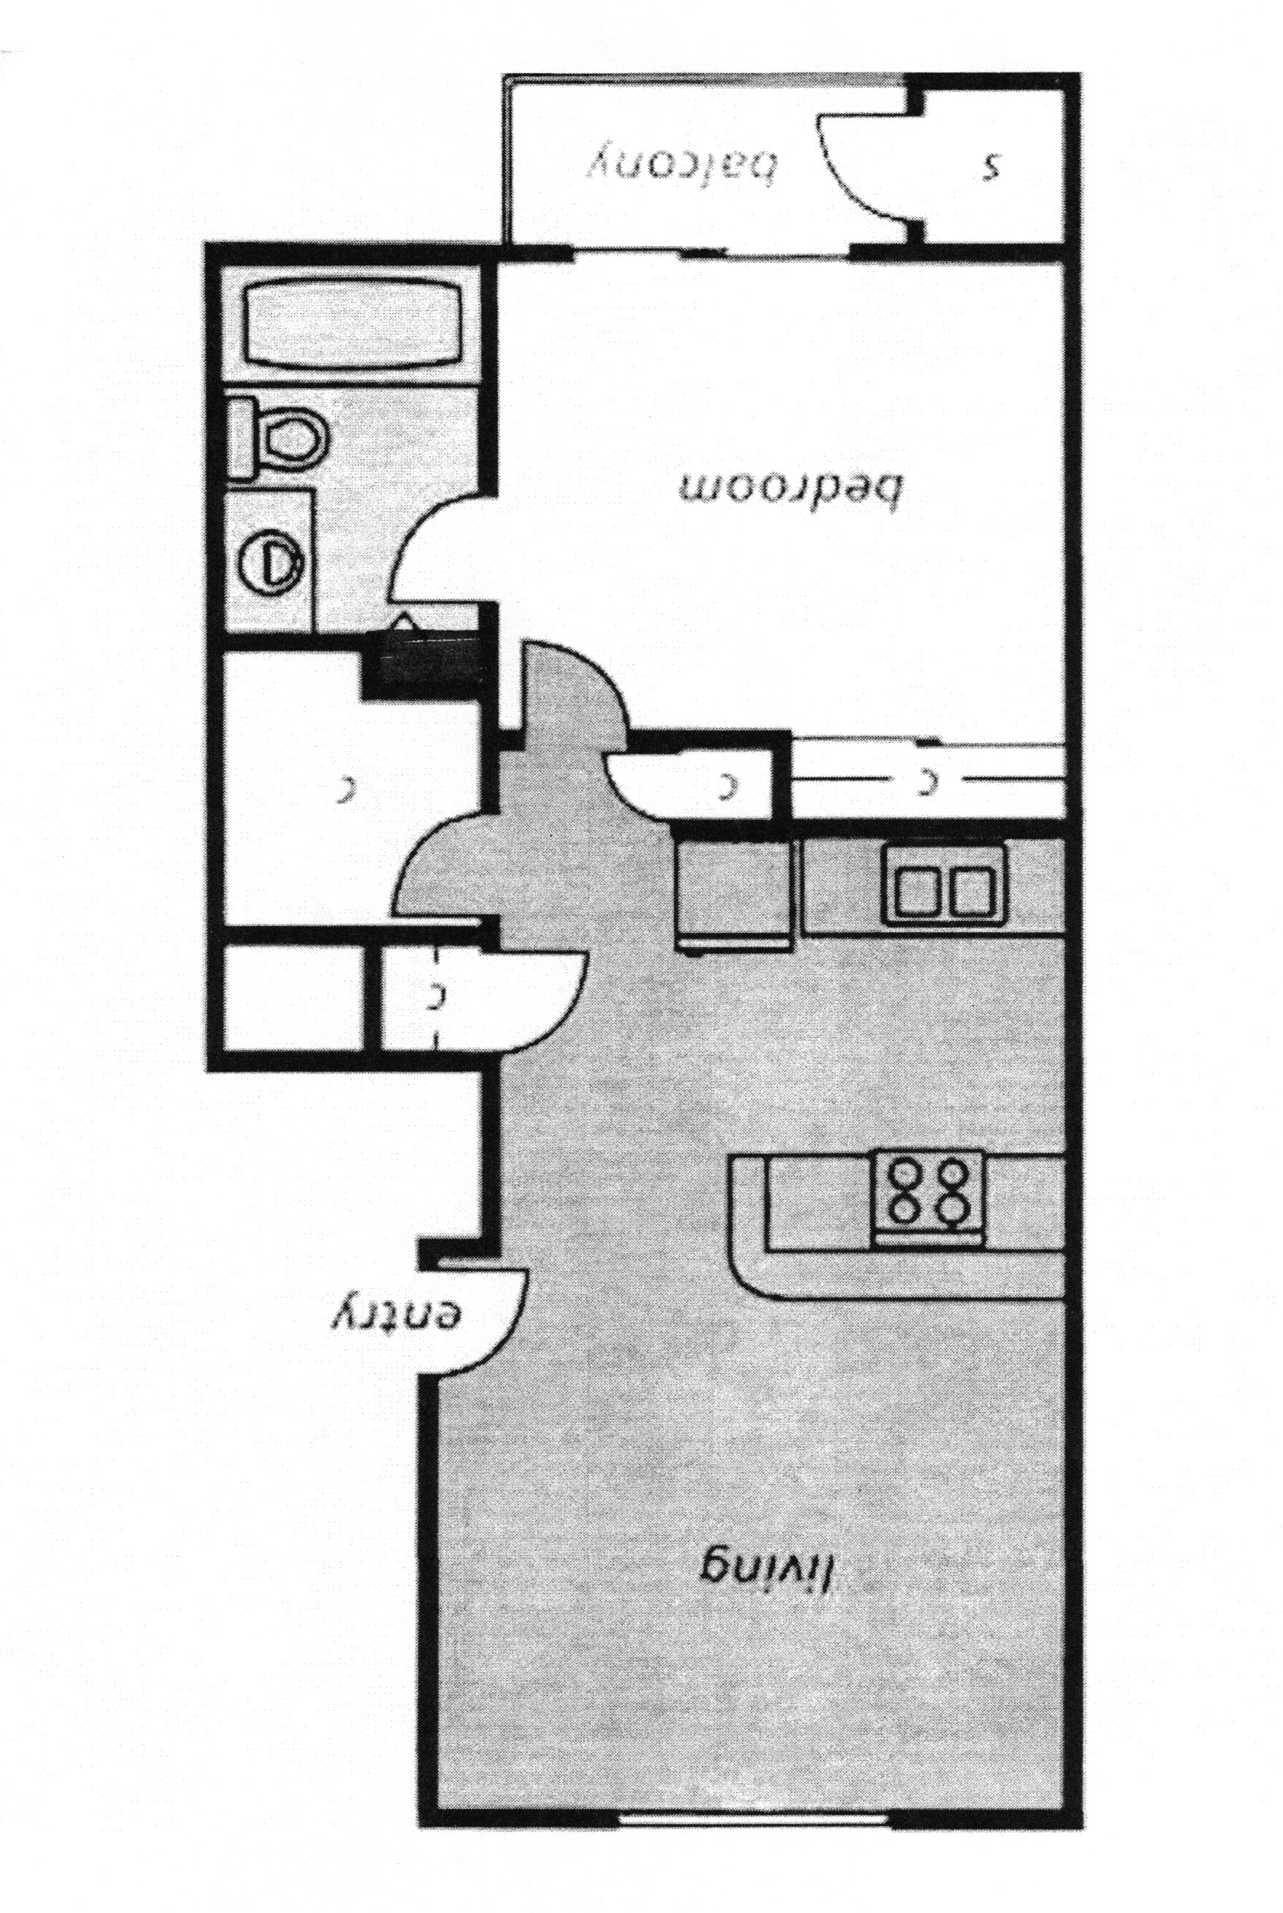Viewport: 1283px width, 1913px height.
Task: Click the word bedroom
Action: (x=790, y=490)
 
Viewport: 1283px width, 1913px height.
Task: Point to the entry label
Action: (x=397, y=1317)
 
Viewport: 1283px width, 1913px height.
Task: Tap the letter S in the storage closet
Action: (x=992, y=168)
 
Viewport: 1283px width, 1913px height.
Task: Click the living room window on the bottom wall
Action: (x=753, y=1815)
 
